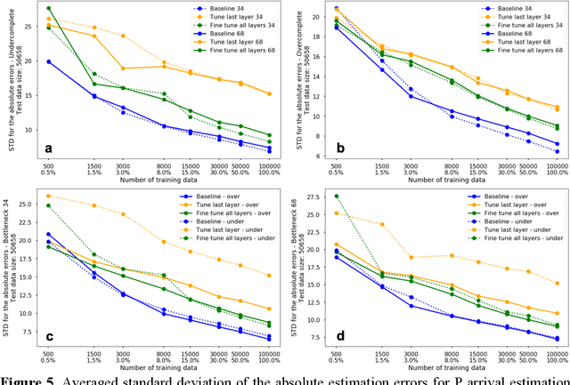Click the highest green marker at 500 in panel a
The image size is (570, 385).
(48, 8)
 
